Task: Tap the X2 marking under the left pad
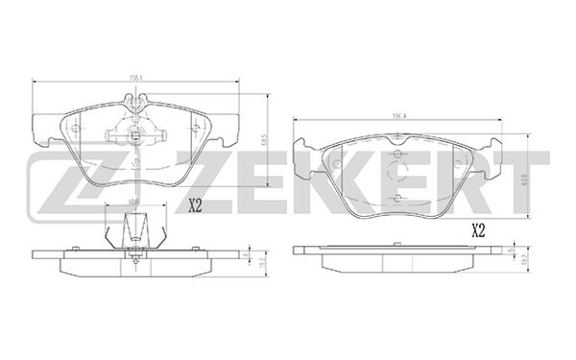(195, 204)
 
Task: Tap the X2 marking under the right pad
(477, 229)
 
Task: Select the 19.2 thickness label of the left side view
(262, 257)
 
